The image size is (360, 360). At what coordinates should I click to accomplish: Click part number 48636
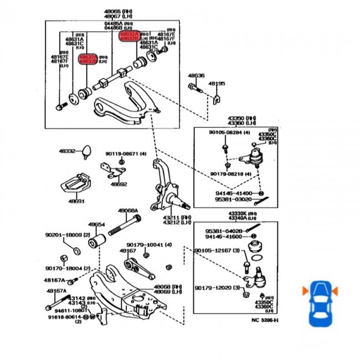click(196, 75)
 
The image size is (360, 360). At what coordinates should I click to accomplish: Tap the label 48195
click(217, 84)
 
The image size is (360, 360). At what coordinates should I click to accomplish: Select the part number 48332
click(67, 151)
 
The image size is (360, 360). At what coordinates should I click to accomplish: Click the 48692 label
click(119, 184)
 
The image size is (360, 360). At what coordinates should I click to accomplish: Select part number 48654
click(96, 224)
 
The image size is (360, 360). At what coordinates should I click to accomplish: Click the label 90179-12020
click(213, 288)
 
